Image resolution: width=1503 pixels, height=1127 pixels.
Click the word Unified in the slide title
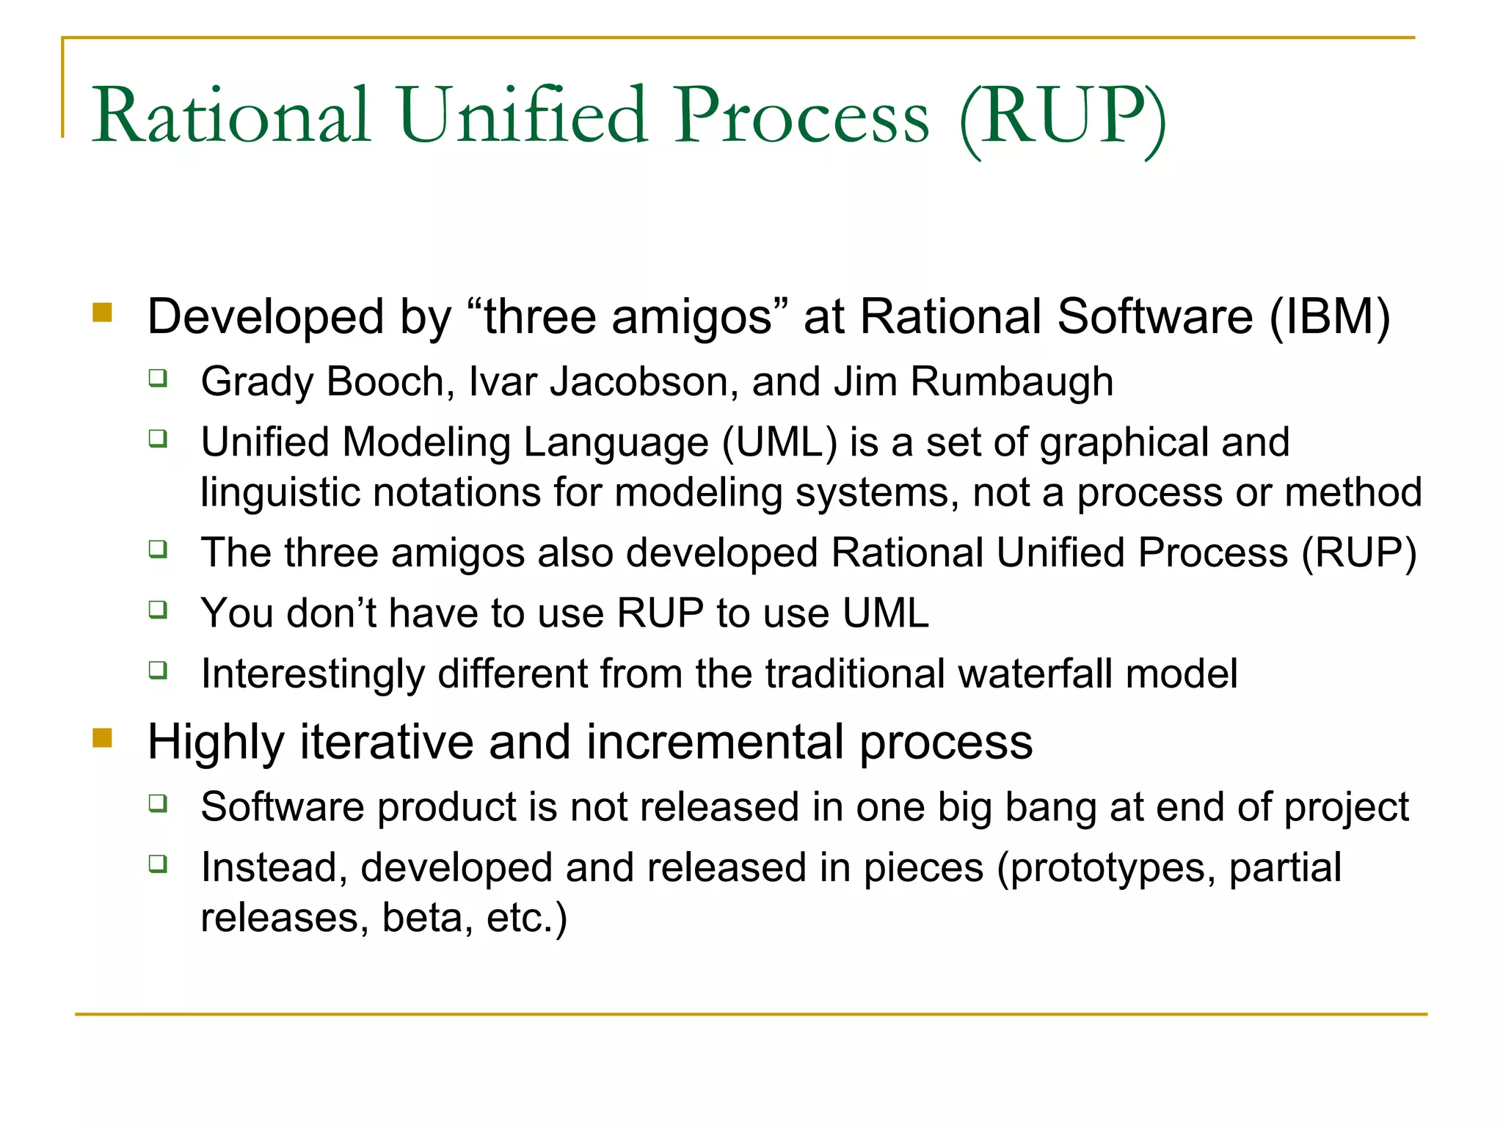[x=522, y=115]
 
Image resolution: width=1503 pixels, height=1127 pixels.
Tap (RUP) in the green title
[x=1063, y=117]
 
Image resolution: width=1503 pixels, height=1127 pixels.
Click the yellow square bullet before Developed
[x=103, y=313]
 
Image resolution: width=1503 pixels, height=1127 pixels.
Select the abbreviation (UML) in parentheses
[x=779, y=442]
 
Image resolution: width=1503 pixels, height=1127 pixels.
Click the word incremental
[x=715, y=742]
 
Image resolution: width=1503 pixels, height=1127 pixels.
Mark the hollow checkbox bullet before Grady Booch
[x=158, y=378]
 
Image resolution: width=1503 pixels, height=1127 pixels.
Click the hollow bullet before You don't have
[x=158, y=609]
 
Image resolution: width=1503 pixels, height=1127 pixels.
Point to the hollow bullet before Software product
[x=158, y=803]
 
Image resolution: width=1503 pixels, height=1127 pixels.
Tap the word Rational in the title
[x=230, y=115]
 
